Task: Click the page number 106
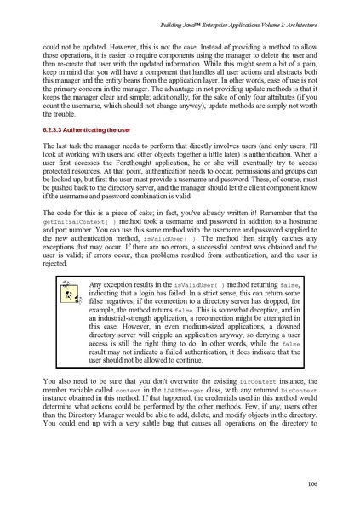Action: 312,484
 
